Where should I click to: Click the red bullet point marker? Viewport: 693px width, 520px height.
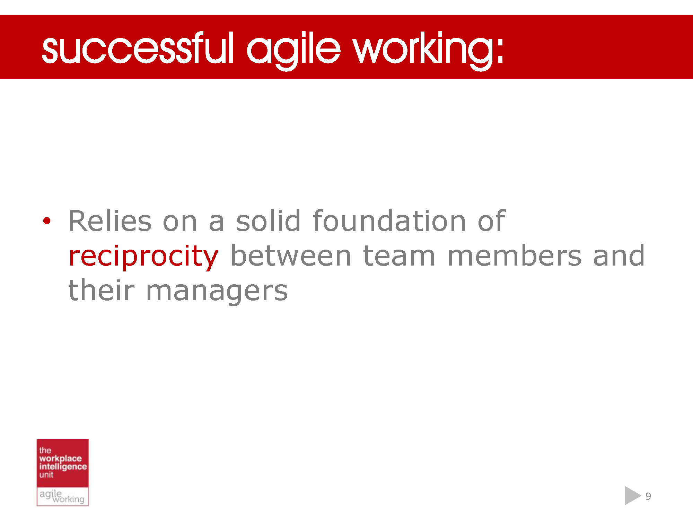point(47,221)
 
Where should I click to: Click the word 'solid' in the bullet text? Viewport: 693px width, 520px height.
point(268,221)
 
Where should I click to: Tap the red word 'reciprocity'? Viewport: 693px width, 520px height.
point(143,257)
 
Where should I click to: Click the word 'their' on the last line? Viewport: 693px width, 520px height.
point(101,290)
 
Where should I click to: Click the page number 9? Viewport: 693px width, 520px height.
point(648,496)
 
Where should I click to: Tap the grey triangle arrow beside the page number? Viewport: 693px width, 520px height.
point(631,496)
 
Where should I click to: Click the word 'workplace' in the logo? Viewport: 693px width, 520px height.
point(60,459)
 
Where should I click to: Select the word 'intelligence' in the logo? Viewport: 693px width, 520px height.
point(63,467)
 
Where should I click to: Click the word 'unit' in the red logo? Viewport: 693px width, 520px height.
point(46,475)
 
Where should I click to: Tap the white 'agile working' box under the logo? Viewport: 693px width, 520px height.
point(62,496)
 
